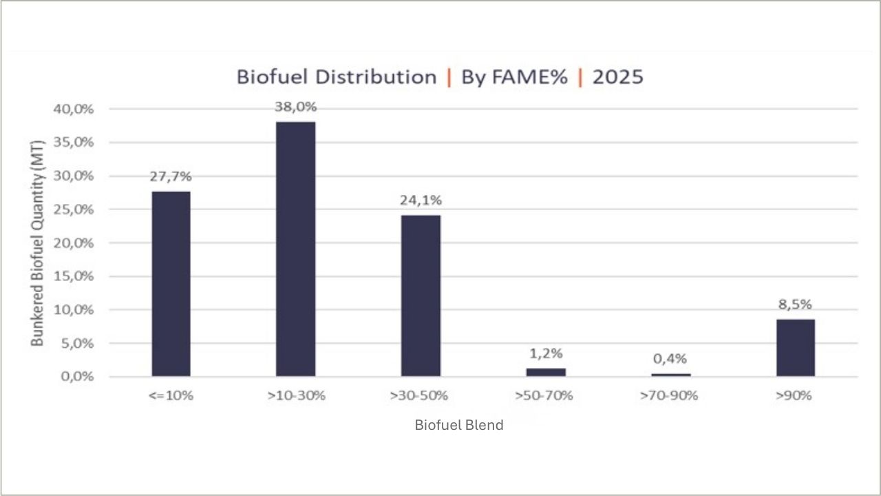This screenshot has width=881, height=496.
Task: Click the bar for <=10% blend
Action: click(171, 284)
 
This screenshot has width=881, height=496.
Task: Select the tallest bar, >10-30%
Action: click(296, 249)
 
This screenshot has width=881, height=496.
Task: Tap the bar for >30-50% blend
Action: click(421, 296)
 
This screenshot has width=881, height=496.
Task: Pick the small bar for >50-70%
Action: click(546, 372)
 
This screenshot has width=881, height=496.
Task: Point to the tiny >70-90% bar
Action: click(670, 375)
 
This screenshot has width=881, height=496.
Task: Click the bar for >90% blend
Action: click(796, 348)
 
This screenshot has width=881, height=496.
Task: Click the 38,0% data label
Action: click(296, 107)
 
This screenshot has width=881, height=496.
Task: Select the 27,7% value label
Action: click(171, 176)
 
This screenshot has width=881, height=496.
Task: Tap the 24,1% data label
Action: click(421, 200)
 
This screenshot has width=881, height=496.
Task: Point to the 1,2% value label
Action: click(546, 353)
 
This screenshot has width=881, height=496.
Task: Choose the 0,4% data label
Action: click(670, 359)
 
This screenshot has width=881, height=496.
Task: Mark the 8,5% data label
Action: click(796, 304)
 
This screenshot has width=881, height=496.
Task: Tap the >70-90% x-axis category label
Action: click(670, 396)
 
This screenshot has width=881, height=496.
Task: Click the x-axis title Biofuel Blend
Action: click(459, 425)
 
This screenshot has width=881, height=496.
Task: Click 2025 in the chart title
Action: click(617, 76)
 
